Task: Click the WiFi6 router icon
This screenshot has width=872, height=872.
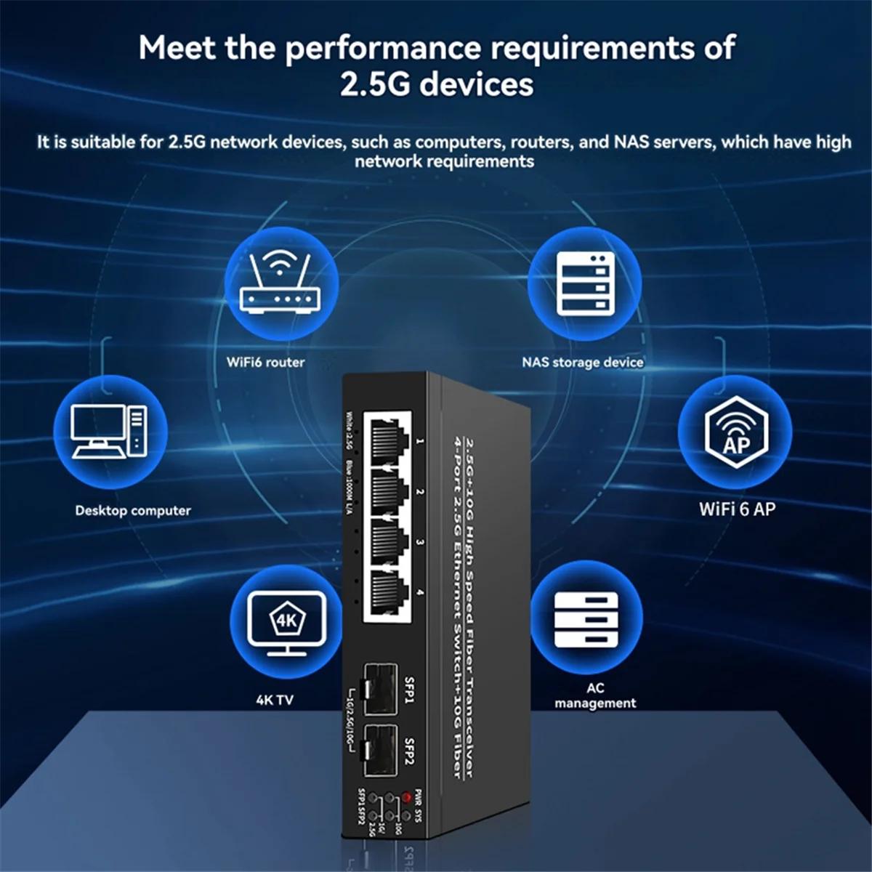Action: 280,283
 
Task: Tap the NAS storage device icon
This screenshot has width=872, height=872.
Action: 584,283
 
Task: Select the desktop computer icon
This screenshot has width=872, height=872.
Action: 110,432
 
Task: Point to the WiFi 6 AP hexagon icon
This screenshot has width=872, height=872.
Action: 735,432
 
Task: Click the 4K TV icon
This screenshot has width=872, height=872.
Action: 286,621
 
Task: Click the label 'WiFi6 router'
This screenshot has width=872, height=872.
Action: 265,362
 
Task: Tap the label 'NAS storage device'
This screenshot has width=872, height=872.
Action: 582,362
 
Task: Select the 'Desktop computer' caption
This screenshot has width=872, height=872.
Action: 133,510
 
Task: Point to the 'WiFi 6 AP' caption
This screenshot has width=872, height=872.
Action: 737,509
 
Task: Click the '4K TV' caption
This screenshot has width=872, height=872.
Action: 275,700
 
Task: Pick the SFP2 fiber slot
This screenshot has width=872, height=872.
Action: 381,748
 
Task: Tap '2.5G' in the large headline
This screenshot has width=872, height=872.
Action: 376,84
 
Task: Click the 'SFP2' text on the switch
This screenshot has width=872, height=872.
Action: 409,751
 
